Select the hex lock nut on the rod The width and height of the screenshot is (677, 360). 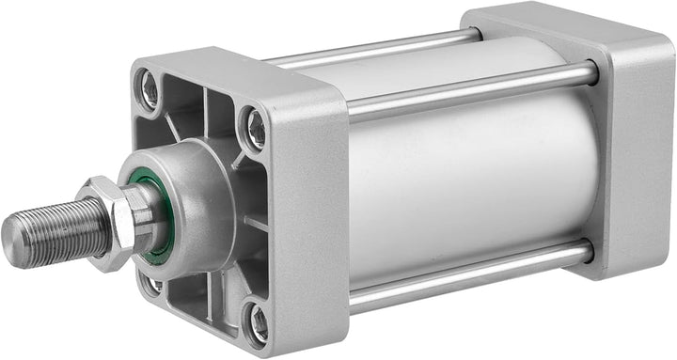point(110,221)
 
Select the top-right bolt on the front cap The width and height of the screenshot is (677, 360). point(255,127)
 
